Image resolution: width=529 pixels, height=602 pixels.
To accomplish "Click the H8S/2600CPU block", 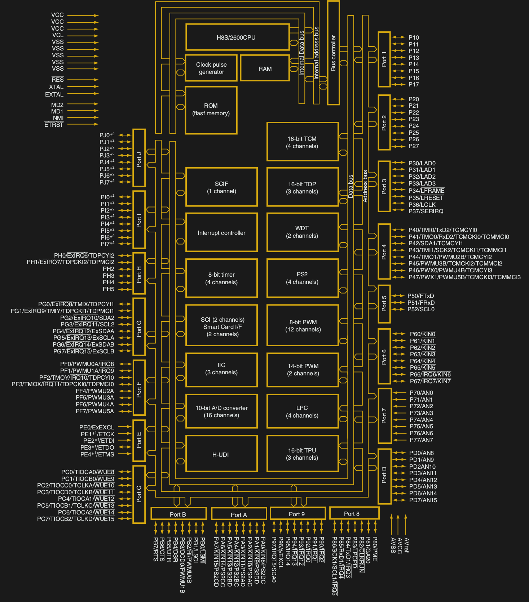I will coord(237,37).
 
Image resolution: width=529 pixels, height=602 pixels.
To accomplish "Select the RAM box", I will coord(265,68).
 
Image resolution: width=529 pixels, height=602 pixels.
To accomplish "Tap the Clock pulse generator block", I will coord(211,68).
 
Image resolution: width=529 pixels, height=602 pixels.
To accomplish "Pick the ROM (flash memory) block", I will coord(211,110).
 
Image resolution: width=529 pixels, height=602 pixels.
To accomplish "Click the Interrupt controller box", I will coord(221,233).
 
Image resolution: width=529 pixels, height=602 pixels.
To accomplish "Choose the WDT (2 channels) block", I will coord(302,232).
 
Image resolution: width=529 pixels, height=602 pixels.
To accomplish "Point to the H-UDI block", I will coord(221,455).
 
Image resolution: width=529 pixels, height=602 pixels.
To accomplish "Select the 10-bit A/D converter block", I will coord(221,411).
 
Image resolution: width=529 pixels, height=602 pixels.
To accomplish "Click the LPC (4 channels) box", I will coord(302,411).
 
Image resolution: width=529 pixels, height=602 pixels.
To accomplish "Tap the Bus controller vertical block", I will coord(333,53).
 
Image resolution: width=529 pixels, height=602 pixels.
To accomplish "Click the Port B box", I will coord(178,514).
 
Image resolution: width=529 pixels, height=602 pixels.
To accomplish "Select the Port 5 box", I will coord(384,304).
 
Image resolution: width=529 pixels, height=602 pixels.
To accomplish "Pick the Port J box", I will coord(139,158).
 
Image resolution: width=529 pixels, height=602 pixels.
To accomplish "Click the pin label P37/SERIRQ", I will coord(426,211).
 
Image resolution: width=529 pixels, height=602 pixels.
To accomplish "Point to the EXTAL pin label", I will coord(54,94).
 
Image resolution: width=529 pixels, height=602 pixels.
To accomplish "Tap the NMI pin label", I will coord(58,118).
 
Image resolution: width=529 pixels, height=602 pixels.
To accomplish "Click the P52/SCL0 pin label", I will coord(421,309).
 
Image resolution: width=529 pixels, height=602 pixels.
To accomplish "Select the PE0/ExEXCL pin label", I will coord(97,427).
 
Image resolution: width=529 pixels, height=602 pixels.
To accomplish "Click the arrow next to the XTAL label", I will coord(83,87).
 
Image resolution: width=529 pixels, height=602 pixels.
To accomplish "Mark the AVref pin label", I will coord(406,545).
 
